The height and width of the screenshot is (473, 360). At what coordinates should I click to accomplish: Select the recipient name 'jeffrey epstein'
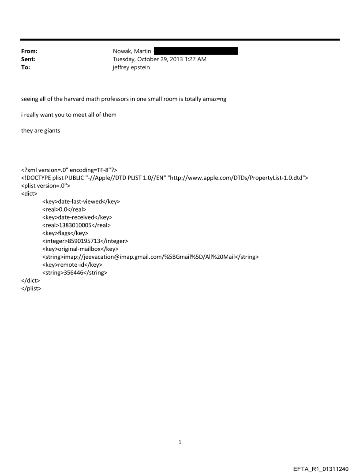click(x=131, y=67)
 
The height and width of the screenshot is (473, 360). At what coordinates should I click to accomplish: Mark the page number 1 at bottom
click(x=180, y=442)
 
